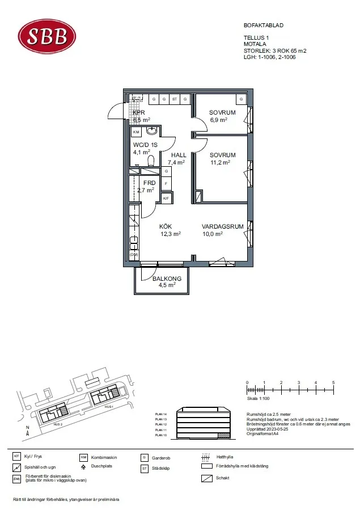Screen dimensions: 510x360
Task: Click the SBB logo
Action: pyautogui.click(x=48, y=36)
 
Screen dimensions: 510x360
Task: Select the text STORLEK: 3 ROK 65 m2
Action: pyautogui.click(x=274, y=50)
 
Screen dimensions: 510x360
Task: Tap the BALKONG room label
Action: pyautogui.click(x=167, y=279)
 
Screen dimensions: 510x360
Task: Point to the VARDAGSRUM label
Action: pyautogui.click(x=222, y=226)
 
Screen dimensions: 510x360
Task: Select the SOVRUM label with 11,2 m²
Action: pyautogui.click(x=222, y=155)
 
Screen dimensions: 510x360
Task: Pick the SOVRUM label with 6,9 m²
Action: pyautogui.click(x=222, y=112)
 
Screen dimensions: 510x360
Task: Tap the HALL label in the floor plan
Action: pyautogui.click(x=179, y=155)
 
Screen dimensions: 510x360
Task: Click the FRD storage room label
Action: pyautogui.click(x=149, y=183)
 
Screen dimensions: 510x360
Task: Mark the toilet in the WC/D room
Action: pyautogui.click(x=151, y=160)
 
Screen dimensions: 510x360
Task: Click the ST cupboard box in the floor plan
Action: pyautogui.click(x=175, y=99)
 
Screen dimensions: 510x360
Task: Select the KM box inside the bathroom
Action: pyautogui.click(x=136, y=132)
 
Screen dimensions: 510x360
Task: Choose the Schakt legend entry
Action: pyautogui.click(x=222, y=478)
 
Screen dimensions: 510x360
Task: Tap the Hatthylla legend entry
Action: pyautogui.click(x=225, y=457)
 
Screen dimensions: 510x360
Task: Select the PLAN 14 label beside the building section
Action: pyautogui.click(x=161, y=415)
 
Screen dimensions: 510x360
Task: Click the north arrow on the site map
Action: pyautogui.click(x=27, y=432)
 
